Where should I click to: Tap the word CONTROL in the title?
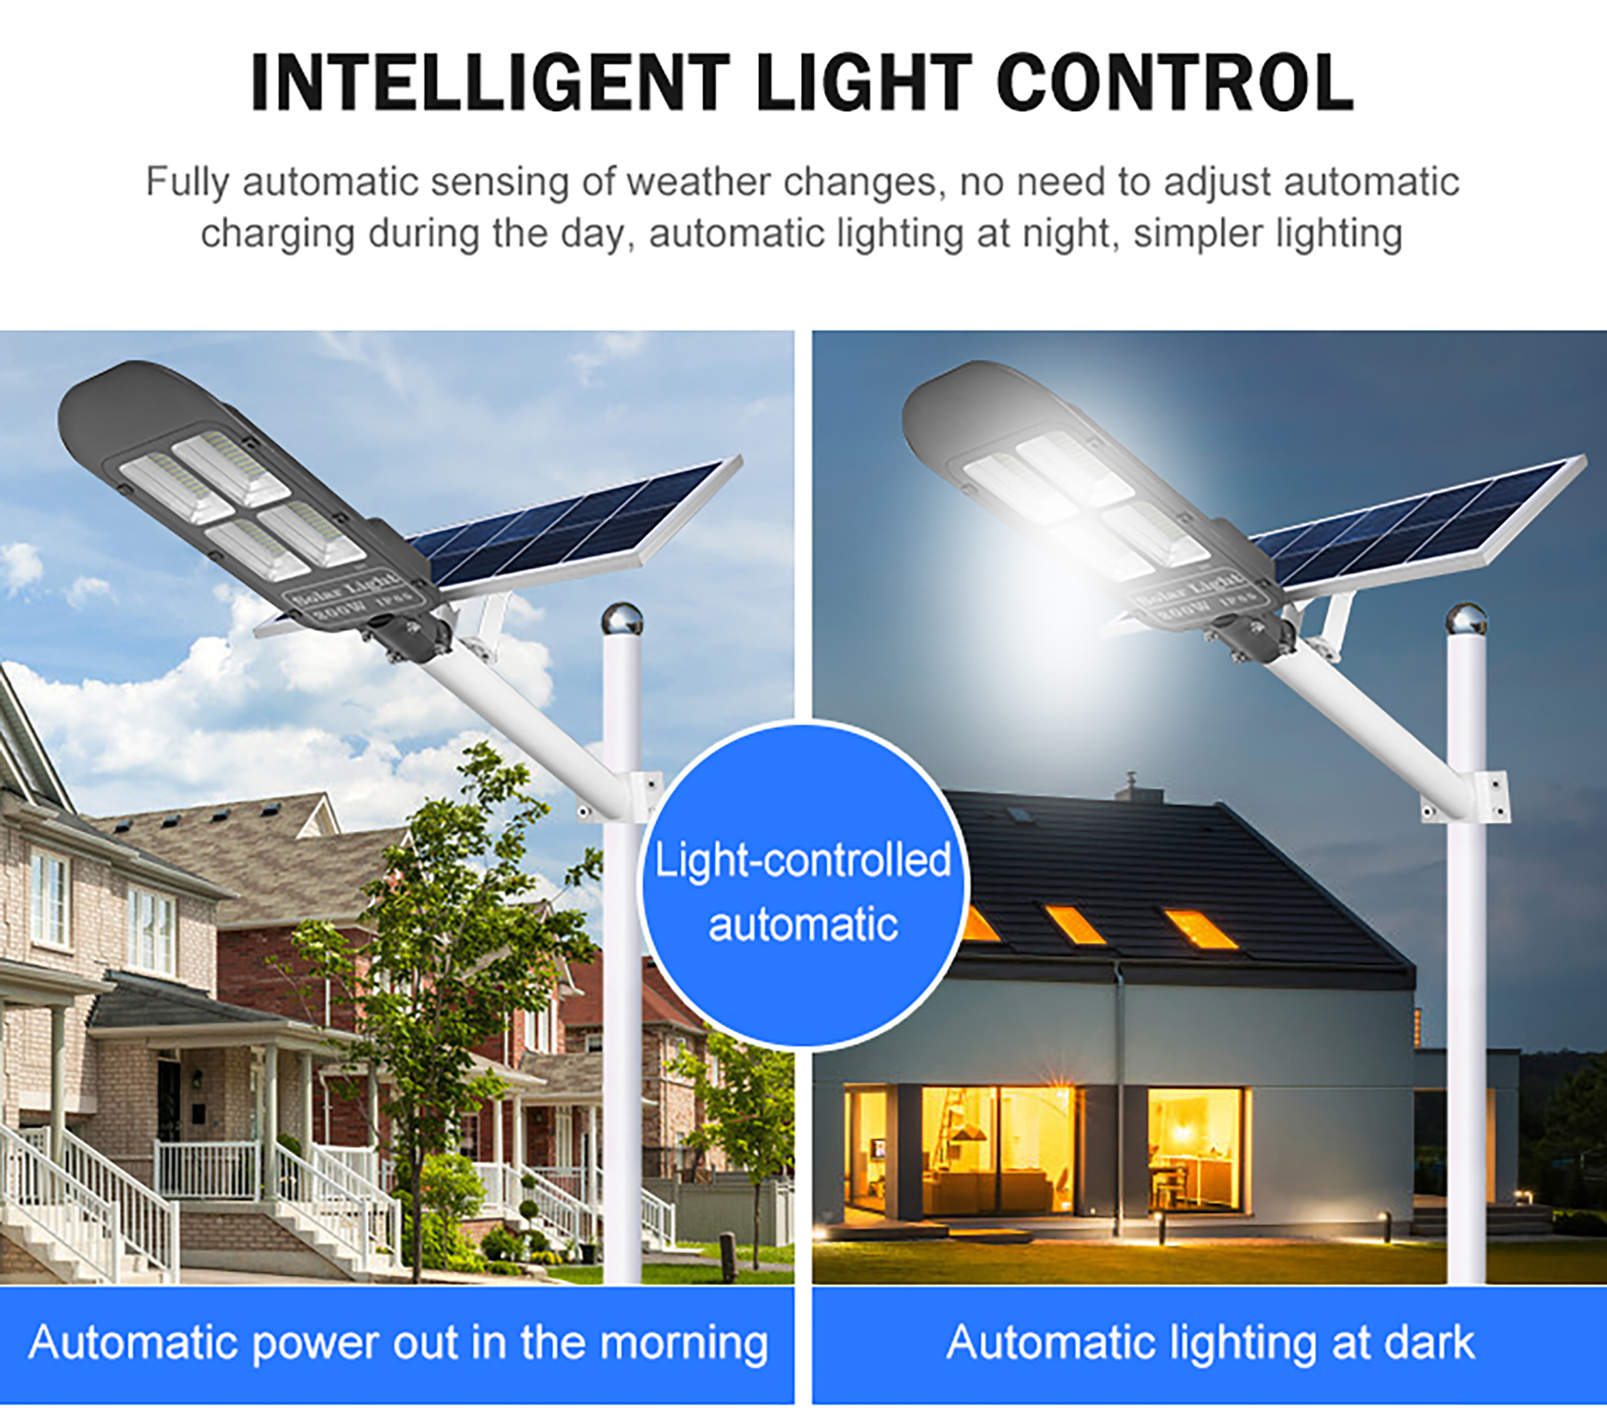click(1176, 83)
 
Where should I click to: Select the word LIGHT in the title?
click(864, 83)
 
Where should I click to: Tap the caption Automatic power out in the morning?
click(398, 1342)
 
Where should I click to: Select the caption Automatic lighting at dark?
click(1210, 1342)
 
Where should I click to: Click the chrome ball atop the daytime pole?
click(622, 620)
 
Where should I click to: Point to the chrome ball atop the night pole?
click(1467, 620)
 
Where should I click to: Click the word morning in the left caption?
click(684, 1344)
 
